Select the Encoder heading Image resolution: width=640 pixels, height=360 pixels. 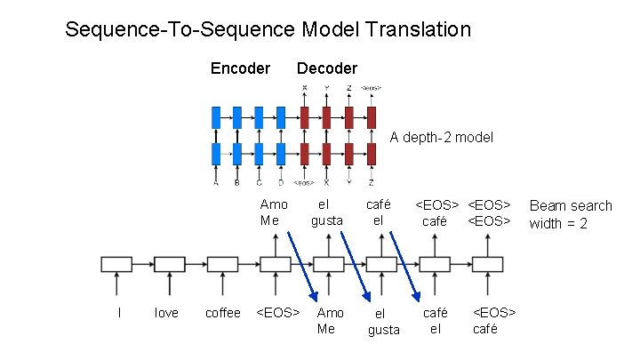coord(240,68)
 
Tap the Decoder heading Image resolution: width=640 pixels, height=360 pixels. coord(326,68)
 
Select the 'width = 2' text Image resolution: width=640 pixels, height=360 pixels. coord(558,223)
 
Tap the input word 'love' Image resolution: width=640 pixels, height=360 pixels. coord(167,313)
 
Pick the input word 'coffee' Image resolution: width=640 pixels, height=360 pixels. coord(222,313)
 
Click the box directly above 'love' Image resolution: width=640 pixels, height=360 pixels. coord(169,263)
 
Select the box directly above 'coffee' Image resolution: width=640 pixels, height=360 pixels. coord(222,263)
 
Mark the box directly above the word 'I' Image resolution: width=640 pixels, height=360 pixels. coord(116,263)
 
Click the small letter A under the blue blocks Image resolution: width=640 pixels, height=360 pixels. coord(215,183)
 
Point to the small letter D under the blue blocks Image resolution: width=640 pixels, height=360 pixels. coord(281,183)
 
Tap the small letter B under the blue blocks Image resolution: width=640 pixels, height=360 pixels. coord(236,183)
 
